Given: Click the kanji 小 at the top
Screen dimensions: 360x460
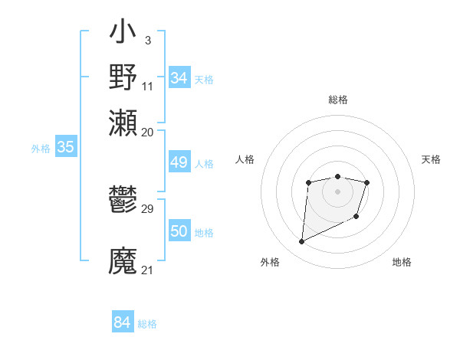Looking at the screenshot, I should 123,33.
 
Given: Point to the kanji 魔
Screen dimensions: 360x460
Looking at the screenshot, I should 123,260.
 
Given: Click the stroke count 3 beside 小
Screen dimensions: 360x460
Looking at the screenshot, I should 147,39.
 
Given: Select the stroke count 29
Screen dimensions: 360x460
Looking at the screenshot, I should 148,208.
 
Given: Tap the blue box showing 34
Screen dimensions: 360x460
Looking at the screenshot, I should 179,78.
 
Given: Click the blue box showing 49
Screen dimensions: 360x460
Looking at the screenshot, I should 179,162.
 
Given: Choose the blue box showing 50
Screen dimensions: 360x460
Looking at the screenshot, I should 179,232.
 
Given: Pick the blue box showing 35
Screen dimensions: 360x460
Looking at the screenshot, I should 65,148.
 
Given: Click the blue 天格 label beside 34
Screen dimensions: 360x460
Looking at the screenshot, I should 204,80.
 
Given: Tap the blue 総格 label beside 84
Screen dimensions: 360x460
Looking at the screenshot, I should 147,324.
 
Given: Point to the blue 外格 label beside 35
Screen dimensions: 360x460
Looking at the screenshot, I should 41,149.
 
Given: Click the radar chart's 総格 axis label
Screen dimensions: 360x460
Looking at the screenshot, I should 337,100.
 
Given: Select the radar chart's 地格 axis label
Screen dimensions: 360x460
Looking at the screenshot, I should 402,262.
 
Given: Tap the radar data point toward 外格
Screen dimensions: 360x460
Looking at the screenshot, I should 301,242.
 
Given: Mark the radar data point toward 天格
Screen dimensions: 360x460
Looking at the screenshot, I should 367,182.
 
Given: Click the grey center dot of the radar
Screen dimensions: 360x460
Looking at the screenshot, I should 337,191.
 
